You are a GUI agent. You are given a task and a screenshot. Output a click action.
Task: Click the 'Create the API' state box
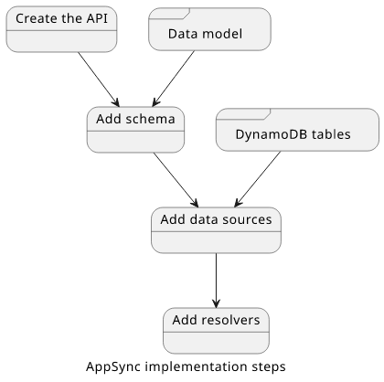[61, 29]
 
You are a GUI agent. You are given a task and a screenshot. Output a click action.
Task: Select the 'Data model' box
[209, 29]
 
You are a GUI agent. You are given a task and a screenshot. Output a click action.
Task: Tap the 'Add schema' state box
[135, 130]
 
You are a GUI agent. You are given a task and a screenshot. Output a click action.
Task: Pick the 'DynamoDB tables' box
[297, 130]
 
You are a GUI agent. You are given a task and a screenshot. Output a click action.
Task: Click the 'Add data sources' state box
[216, 230]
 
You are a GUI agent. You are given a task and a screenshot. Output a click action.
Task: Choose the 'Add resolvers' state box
[216, 331]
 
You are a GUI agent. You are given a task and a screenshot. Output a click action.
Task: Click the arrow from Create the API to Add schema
[99, 80]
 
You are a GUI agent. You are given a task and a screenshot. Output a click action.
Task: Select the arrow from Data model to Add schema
[173, 79]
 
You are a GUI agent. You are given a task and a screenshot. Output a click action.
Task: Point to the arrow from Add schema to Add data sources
[176, 180]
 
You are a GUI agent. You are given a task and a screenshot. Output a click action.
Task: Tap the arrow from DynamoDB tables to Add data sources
[258, 179]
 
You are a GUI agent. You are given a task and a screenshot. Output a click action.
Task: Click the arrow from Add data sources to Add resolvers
[216, 281]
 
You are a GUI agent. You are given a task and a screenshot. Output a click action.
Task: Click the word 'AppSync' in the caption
[113, 366]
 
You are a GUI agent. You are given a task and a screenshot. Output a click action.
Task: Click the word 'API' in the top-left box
[97, 18]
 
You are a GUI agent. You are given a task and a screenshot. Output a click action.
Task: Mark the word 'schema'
[150, 119]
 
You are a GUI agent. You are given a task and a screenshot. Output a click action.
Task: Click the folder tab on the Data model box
[169, 14]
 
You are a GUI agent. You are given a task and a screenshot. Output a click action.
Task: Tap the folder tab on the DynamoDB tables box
[243, 114]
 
